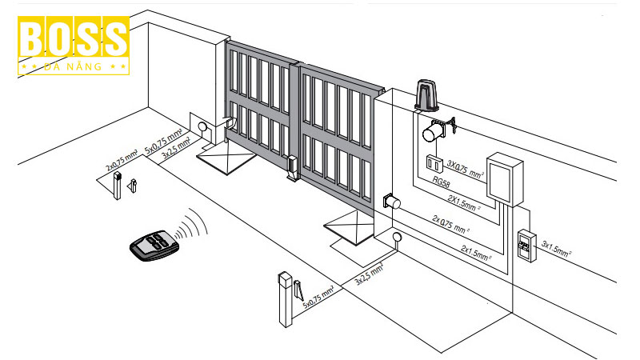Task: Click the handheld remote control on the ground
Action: pyautogui.click(x=155, y=244)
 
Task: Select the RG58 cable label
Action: pyautogui.click(x=441, y=182)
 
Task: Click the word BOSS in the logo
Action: pyautogui.click(x=73, y=39)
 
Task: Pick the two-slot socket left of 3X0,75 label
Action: pyautogui.click(x=433, y=162)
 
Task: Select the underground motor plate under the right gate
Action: pyautogui.click(x=349, y=229)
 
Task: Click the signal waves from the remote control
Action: pyautogui.click(x=190, y=226)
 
